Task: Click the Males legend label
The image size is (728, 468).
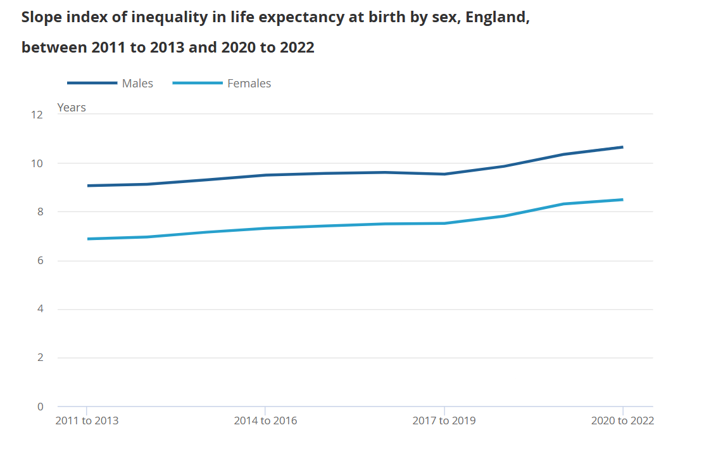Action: [137, 84]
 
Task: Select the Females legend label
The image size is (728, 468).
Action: [249, 84]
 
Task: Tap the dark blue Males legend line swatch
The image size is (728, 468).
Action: [92, 83]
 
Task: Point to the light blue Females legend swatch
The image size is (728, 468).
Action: [197, 83]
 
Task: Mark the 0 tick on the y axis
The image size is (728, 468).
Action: [40, 407]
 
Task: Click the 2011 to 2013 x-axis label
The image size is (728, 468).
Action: [87, 421]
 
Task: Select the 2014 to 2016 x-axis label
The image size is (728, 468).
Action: [265, 421]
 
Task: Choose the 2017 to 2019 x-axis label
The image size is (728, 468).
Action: [444, 421]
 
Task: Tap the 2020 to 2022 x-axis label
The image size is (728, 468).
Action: [622, 421]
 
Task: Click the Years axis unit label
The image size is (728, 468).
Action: [72, 108]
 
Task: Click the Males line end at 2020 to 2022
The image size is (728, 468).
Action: [622, 148]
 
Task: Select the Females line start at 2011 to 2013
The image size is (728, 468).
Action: [87, 239]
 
